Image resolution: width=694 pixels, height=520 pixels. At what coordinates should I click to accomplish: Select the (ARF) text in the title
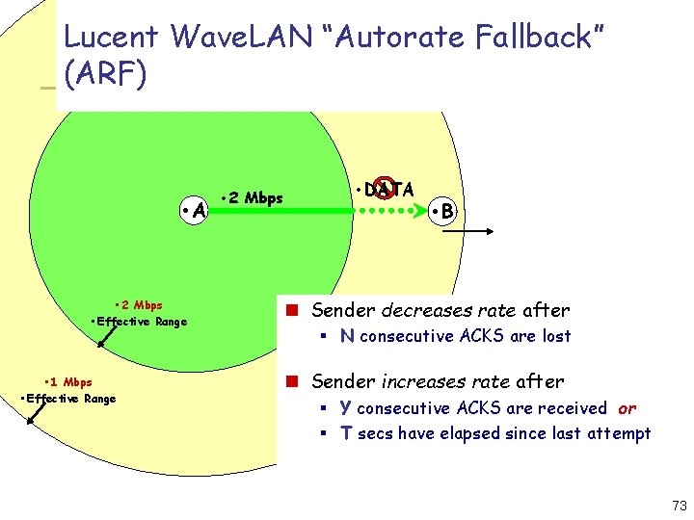tap(105, 74)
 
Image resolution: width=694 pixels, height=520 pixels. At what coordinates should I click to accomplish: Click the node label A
tap(199, 209)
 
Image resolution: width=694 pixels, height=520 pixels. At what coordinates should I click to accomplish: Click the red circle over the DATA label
tap(385, 189)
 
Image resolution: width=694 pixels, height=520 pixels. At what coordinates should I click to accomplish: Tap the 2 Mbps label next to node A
tap(254, 198)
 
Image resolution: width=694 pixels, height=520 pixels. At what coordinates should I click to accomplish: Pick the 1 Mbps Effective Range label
tap(67, 390)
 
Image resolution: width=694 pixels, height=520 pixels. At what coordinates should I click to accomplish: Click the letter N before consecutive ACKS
tap(347, 336)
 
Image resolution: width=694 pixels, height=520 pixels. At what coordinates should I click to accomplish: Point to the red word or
tap(627, 408)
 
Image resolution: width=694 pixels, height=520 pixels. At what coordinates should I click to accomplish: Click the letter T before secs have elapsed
tap(346, 433)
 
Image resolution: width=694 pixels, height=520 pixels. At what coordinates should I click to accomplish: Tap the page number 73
tap(680, 507)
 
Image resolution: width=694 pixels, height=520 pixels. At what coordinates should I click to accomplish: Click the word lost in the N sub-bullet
tap(556, 336)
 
